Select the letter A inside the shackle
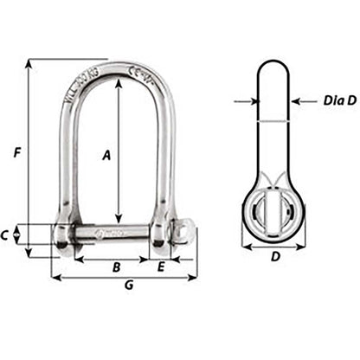[x=106, y=155]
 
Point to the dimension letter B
[x=116, y=267]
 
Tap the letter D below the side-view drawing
[x=275, y=256]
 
